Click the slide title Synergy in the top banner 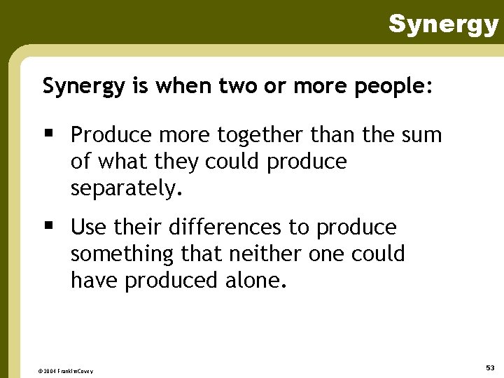click(x=443, y=24)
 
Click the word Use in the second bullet click(x=87, y=227)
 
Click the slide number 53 click(x=489, y=367)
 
